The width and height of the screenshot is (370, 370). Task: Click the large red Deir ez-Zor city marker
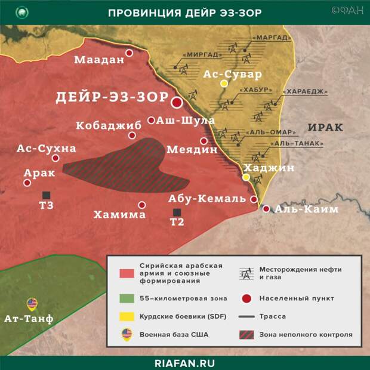tap(177, 102)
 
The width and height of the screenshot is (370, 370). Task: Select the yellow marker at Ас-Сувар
tap(224, 84)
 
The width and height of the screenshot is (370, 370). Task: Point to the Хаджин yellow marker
tap(246, 177)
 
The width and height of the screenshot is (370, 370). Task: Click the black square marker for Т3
tap(46, 195)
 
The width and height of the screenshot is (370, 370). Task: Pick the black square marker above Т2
tap(177, 212)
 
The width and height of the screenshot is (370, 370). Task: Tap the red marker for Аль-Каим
tap(266, 209)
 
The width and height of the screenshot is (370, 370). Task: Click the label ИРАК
tap(326, 127)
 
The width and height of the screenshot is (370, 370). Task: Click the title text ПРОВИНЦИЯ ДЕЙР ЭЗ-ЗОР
tap(184, 13)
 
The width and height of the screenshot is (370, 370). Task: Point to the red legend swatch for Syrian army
tap(126, 273)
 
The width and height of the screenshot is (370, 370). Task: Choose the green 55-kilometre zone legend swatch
tap(126, 298)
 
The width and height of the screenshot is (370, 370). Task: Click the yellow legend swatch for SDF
tap(126, 316)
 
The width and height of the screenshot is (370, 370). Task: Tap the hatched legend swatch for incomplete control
tap(245, 335)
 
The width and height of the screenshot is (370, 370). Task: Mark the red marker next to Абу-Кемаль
tap(254, 199)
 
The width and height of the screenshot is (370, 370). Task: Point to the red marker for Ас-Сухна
tap(55, 158)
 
